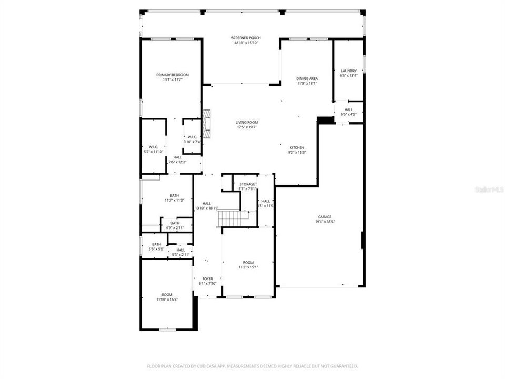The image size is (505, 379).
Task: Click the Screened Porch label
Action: tap(246, 38)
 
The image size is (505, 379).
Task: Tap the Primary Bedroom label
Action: tap(172, 75)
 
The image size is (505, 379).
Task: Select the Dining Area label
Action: tap(307, 78)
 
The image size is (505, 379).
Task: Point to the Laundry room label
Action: tap(348, 71)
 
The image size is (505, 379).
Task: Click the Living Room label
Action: tap(246, 122)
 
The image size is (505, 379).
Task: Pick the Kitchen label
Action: tap(297, 147)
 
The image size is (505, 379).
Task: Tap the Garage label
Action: tap(325, 217)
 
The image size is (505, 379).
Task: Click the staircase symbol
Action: tap(229, 218)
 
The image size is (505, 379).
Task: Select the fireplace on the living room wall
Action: tap(207, 125)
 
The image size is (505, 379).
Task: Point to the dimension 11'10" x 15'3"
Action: tap(167, 300)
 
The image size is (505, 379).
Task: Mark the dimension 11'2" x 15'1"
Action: tap(248, 267)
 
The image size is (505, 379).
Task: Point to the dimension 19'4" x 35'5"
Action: tap(325, 222)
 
